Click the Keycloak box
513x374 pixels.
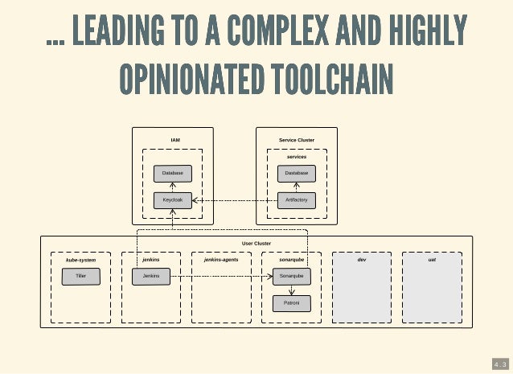173,199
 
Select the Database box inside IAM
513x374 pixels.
173,173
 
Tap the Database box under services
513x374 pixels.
296,173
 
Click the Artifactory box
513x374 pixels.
296,199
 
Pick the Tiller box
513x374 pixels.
80,276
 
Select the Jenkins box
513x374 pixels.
150,276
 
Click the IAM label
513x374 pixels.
174,140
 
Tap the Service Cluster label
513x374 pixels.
296,140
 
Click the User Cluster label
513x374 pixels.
256,243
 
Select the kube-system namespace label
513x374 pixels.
80,261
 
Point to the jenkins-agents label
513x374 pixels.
220,261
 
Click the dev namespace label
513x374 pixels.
361,260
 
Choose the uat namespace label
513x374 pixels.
432,260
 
